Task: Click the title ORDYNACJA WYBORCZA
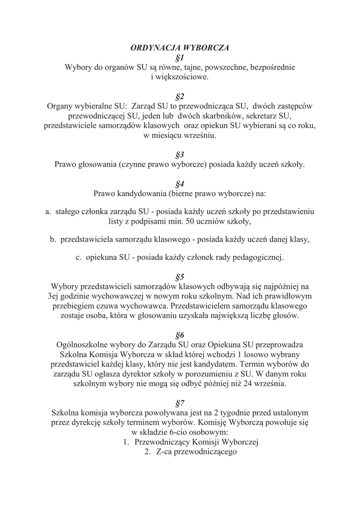pos(180,48)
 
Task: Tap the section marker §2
pos(180,96)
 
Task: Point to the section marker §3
pos(180,154)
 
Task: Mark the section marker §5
pos(180,276)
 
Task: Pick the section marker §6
pos(180,334)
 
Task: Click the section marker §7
pos(180,402)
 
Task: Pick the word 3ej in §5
pos(48,296)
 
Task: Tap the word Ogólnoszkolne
pos(85,344)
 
